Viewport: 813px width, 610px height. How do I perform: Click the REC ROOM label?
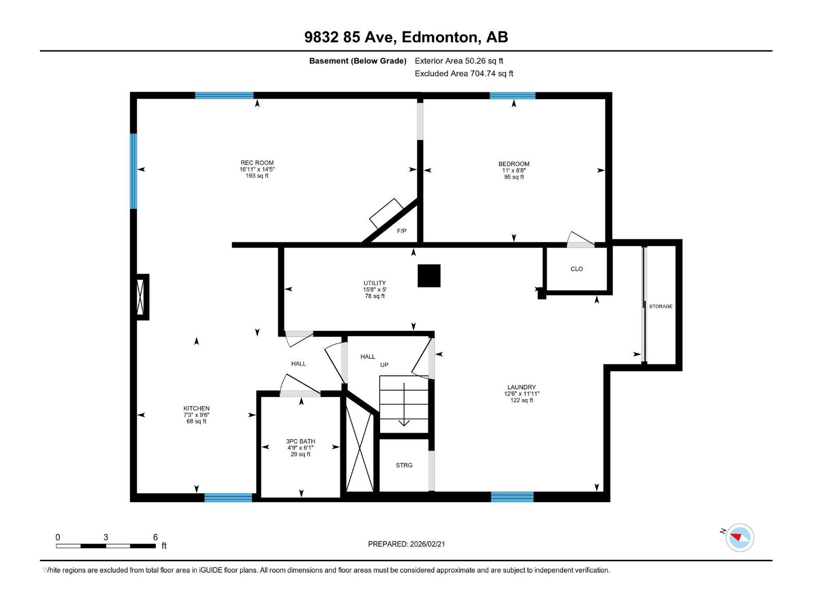pos(257,163)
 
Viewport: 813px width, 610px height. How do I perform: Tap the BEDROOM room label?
pos(513,164)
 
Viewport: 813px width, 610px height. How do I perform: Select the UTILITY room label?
pos(374,283)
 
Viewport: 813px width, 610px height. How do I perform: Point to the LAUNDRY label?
pos(521,387)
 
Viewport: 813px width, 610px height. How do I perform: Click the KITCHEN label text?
pos(196,408)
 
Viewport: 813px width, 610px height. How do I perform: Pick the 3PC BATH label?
pos(300,441)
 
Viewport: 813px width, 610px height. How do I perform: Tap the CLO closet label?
pos(576,269)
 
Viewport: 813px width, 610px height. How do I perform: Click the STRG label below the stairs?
pos(404,465)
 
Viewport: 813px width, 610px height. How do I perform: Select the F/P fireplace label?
pos(401,231)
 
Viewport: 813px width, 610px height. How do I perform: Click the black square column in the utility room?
pos(429,276)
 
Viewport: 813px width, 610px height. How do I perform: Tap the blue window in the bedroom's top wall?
pos(512,96)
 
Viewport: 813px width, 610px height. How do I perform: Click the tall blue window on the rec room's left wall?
pos(133,171)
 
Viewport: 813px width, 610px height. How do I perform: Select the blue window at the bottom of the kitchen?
pos(228,498)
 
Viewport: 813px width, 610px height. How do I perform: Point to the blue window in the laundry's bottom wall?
pos(512,497)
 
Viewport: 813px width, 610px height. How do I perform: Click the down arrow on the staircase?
pos(404,404)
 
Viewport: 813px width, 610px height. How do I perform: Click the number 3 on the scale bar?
pos(106,537)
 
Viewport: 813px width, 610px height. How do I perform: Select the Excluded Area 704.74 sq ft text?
pos(464,73)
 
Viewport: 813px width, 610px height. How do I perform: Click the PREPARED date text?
pos(407,544)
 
